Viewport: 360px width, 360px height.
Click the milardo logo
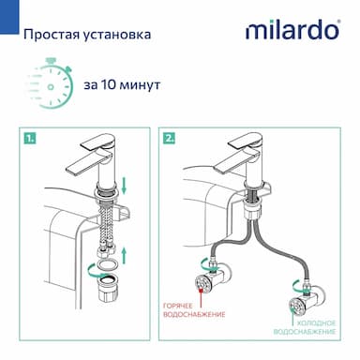point(292,30)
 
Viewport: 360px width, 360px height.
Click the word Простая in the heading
point(51,34)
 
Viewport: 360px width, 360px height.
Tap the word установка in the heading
point(117,35)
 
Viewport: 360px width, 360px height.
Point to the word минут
point(141,85)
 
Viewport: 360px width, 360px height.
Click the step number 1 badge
point(30,138)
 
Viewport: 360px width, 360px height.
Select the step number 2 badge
point(169,138)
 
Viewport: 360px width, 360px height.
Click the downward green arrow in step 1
point(124,185)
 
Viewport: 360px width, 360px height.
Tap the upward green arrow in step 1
point(125,255)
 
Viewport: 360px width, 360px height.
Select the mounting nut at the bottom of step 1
point(108,289)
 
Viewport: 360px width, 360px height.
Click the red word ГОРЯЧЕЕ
point(178,306)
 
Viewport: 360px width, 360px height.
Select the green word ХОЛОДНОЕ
point(317,323)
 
